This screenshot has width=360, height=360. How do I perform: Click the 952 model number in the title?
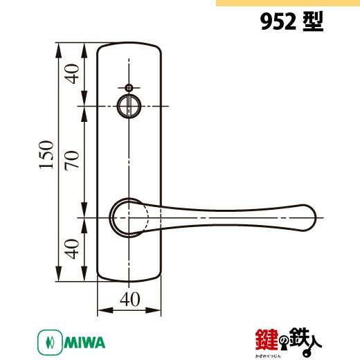point(278,22)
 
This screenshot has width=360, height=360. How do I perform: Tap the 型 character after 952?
point(313,21)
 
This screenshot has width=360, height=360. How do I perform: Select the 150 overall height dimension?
point(46,154)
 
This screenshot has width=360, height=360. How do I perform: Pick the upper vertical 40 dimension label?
point(72,74)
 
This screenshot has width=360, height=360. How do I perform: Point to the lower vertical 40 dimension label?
point(72,249)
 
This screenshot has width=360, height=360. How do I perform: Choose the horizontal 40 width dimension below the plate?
point(130,299)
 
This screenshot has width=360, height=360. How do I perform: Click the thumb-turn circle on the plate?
point(129,106)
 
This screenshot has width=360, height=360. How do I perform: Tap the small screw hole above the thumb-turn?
point(129,88)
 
